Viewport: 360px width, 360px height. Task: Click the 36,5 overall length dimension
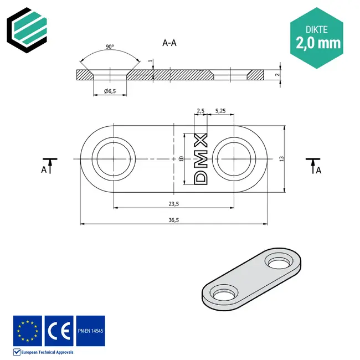[173, 220]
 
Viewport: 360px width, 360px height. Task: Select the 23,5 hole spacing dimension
[173, 203]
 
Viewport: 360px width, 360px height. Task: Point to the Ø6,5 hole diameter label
[110, 91]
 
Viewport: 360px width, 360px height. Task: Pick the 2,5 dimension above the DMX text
[200, 111]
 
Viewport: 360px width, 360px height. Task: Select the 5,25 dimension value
[219, 111]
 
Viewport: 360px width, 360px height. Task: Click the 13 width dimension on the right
[281, 159]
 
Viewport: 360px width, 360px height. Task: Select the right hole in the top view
[233, 159]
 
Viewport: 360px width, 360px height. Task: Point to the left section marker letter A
[43, 170]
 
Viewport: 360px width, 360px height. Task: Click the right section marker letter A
[318, 170]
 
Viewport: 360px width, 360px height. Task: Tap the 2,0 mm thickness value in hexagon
[318, 43]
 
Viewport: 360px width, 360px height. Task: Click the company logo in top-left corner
[26, 26]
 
